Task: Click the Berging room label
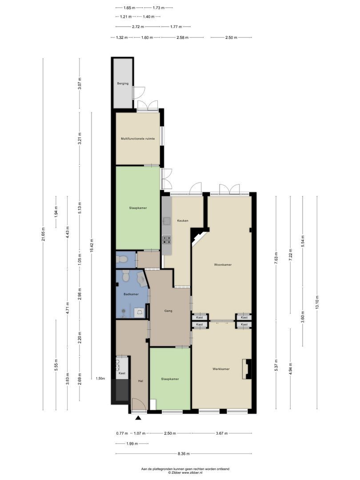point(123,83)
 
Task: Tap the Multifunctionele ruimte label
point(138,139)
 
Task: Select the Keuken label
point(183,220)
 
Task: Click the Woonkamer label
point(223,264)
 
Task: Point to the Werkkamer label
point(221,369)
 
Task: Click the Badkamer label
point(131,294)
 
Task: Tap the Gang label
point(168,311)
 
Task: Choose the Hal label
point(140,381)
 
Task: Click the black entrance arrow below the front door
point(139,418)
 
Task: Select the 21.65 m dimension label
point(43,234)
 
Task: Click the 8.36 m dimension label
point(184,454)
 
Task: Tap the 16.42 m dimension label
point(92,245)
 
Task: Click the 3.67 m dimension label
point(222,433)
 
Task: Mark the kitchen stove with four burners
point(167,240)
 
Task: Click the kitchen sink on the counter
point(167,221)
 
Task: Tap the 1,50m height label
point(100,378)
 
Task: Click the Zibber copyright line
point(185,472)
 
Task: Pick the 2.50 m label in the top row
point(231,37)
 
